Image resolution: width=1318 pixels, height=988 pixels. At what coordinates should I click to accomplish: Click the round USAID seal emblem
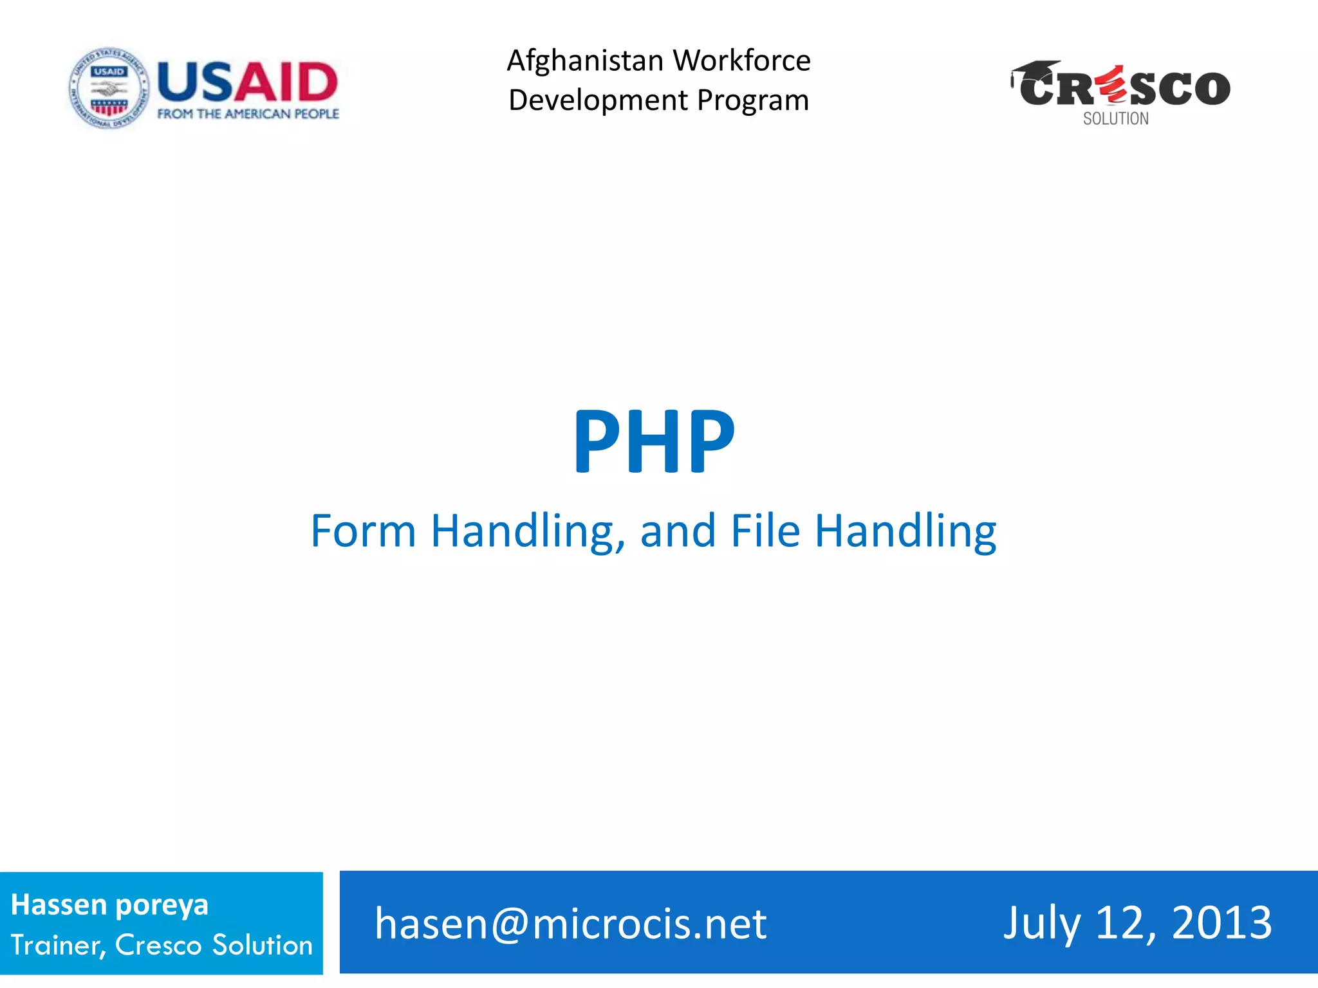(109, 88)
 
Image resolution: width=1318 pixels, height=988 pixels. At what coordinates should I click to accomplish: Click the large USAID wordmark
(248, 82)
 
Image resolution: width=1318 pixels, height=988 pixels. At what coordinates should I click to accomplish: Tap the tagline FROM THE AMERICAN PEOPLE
(248, 114)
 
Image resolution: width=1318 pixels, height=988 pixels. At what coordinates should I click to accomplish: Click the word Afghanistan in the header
(585, 61)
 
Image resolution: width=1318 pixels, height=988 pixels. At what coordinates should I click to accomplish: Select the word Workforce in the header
(742, 61)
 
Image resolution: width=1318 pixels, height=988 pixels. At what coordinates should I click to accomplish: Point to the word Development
(599, 101)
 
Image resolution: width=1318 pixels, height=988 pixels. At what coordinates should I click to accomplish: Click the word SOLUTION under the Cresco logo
(1115, 119)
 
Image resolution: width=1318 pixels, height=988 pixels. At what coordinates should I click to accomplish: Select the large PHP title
(653, 442)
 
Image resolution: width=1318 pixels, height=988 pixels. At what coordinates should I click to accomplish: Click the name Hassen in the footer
(59, 904)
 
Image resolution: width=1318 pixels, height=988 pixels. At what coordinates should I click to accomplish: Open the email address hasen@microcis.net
(571, 924)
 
